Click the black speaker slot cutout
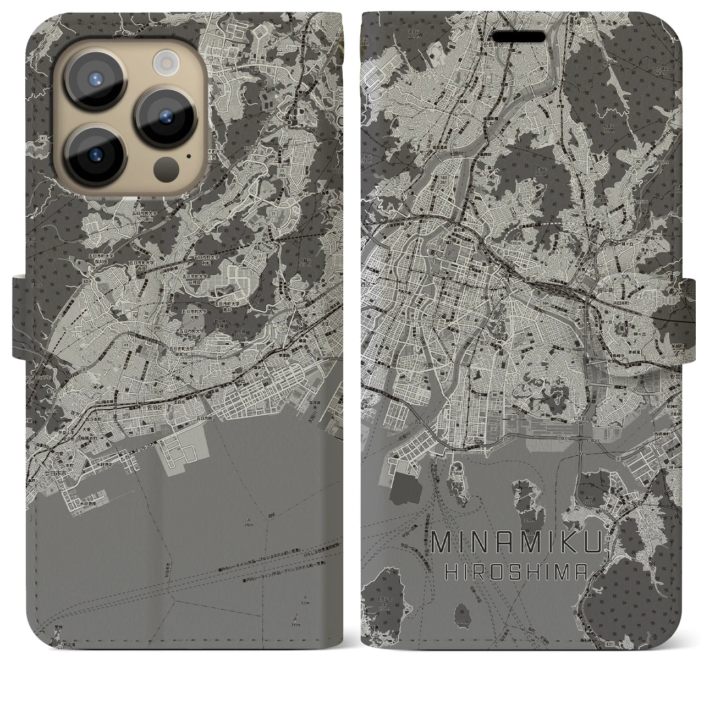pos(519,37)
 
